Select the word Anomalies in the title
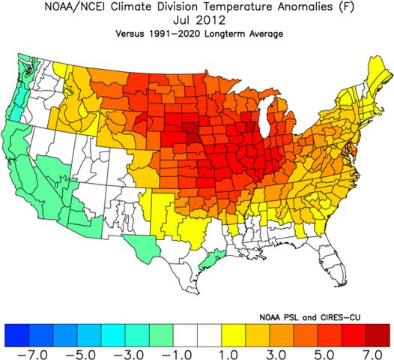(x=312, y=8)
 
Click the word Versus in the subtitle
(x=134, y=34)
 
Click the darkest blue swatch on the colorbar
(x=15, y=332)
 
